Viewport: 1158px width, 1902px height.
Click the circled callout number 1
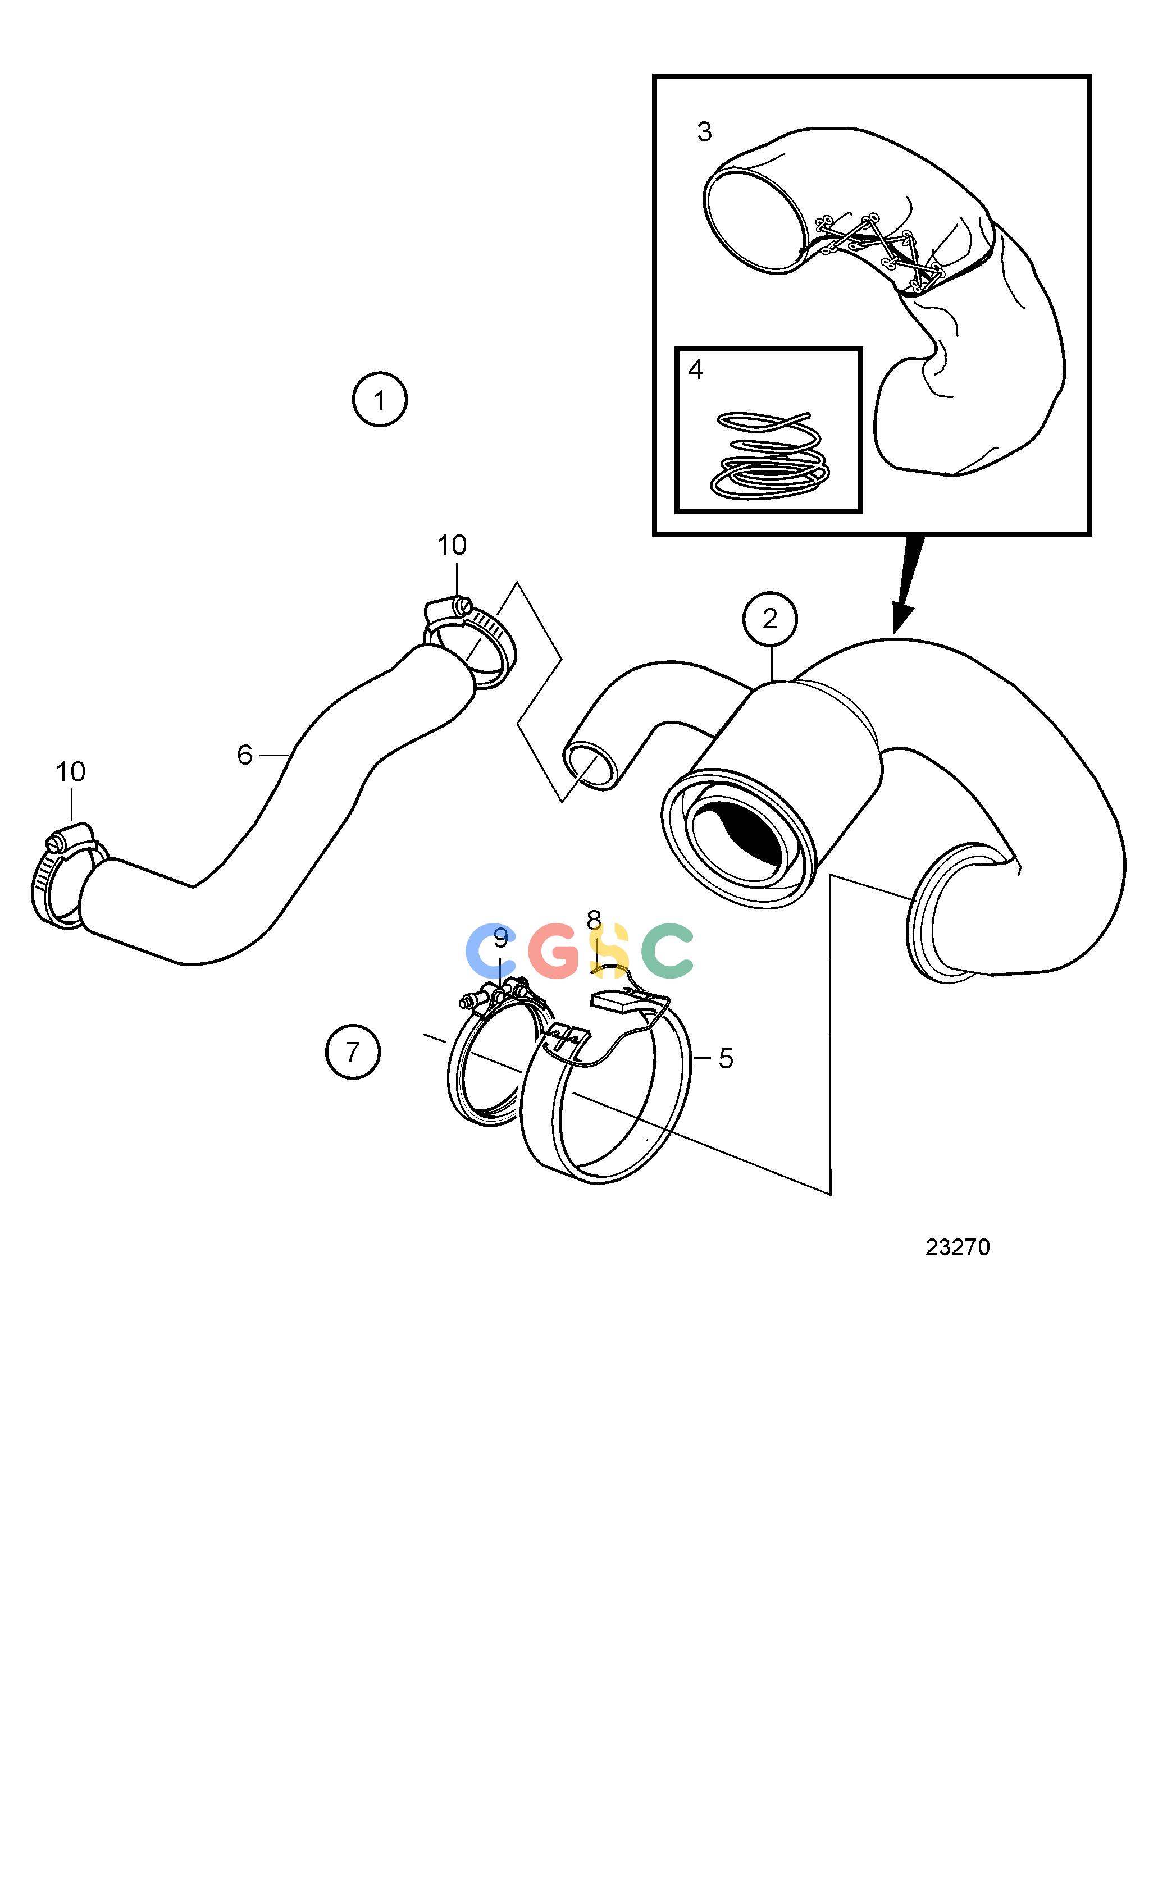(x=379, y=400)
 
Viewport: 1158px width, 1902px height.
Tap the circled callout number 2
(x=770, y=619)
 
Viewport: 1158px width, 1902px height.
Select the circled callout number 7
(x=353, y=1051)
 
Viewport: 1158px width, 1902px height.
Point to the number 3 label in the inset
(x=704, y=132)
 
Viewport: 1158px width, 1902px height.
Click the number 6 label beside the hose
(x=245, y=754)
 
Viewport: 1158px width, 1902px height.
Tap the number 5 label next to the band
(x=726, y=1058)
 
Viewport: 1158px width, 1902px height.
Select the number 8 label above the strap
(x=593, y=920)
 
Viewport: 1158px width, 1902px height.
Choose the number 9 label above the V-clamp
(x=500, y=938)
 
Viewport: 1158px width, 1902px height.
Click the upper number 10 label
(x=452, y=545)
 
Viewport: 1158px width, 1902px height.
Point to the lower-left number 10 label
(x=70, y=771)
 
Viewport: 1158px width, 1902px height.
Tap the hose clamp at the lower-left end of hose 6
(x=68, y=877)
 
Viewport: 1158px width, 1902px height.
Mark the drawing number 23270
(x=958, y=1247)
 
